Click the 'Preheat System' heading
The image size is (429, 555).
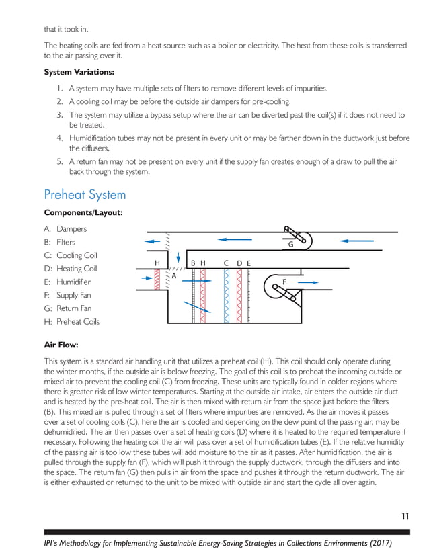(x=85, y=195)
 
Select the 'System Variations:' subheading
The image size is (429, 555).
(x=79, y=72)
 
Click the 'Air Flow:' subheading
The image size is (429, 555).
(x=61, y=345)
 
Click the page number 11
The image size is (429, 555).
(x=405, y=516)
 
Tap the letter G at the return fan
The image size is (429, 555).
(x=290, y=246)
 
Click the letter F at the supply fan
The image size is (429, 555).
(x=284, y=282)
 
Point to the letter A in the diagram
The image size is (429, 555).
(x=173, y=276)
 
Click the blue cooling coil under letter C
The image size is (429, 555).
(x=227, y=296)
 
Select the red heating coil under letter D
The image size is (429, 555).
(x=239, y=296)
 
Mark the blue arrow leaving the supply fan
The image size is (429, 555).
(x=308, y=283)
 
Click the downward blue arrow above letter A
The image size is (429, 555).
(x=178, y=258)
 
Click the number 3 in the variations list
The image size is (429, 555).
(x=60, y=114)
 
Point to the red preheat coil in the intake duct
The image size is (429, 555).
(x=157, y=278)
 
